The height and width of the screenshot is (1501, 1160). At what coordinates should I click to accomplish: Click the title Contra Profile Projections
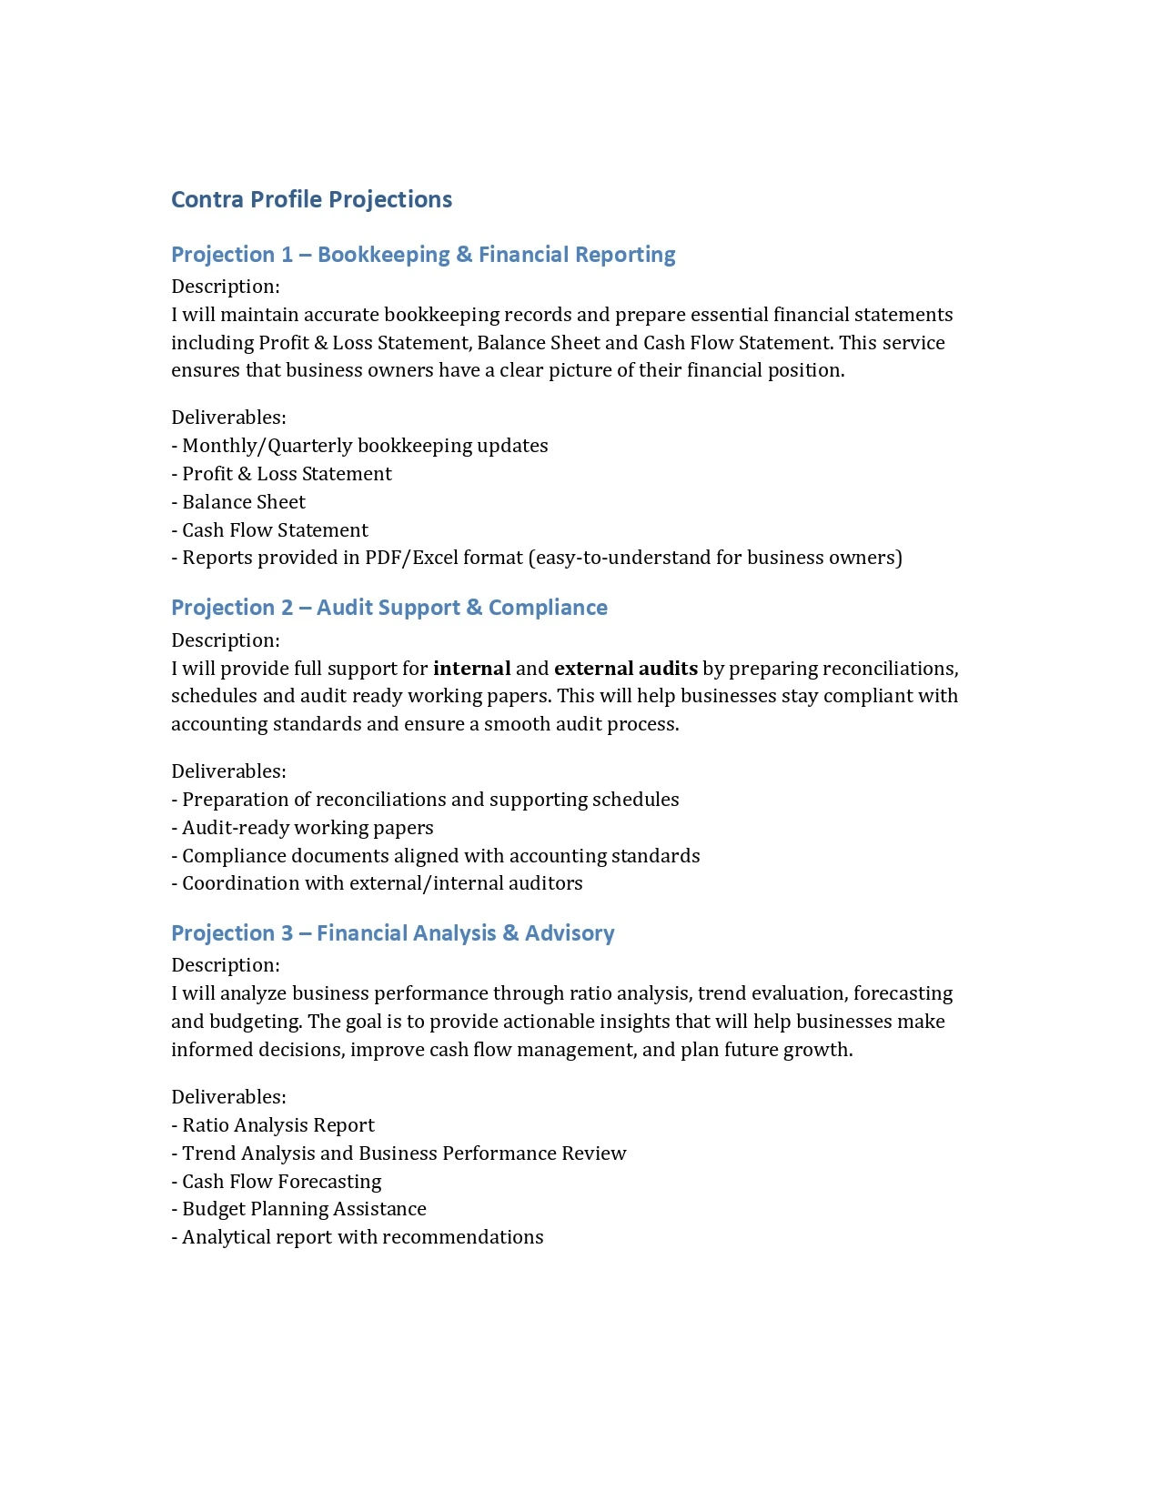(311, 199)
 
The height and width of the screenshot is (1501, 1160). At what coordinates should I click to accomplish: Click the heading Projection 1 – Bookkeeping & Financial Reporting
(423, 255)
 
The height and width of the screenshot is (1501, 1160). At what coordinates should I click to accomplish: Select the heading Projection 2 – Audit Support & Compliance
(388, 608)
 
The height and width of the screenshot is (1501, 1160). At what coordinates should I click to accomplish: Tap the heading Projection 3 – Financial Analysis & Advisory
(392, 933)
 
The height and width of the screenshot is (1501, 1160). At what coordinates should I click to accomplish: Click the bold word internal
(471, 669)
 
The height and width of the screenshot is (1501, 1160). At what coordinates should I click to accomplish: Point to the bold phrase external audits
(625, 669)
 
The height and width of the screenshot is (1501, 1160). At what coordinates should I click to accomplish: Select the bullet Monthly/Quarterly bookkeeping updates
(364, 446)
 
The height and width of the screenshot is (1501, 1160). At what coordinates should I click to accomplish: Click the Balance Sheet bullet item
(243, 502)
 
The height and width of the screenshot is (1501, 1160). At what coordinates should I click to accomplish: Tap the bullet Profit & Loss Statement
(286, 474)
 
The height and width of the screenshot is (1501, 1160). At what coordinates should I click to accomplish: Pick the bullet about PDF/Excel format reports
(541, 558)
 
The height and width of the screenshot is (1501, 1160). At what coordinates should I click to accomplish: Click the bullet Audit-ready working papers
(307, 828)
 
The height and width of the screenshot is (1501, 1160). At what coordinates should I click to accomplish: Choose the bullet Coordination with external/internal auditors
(381, 883)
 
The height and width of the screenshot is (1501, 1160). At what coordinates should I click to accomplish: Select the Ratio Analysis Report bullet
(277, 1125)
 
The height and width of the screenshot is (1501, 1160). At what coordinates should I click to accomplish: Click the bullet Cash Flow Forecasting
(281, 1182)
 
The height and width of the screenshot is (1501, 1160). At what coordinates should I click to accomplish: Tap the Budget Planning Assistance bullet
(303, 1209)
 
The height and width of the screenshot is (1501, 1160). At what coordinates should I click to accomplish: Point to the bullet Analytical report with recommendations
(362, 1237)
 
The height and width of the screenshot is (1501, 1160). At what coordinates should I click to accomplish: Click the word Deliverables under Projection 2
(228, 771)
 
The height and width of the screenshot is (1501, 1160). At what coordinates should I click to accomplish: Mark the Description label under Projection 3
(225, 965)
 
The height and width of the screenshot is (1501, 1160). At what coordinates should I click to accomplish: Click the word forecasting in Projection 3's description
(903, 993)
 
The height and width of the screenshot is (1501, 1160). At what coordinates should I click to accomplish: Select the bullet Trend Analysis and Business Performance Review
(403, 1153)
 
